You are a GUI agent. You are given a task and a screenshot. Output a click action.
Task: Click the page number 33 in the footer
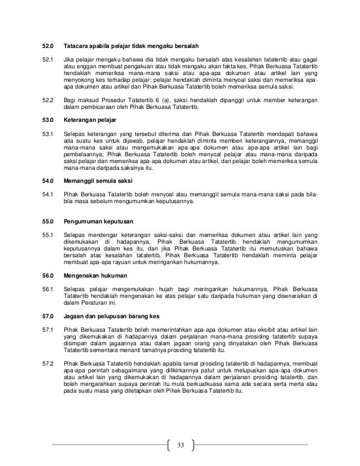[x=181, y=445]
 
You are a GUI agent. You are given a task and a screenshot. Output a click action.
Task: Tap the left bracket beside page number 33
[x=169, y=445]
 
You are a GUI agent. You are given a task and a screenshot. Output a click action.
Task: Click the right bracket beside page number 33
[x=193, y=445]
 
